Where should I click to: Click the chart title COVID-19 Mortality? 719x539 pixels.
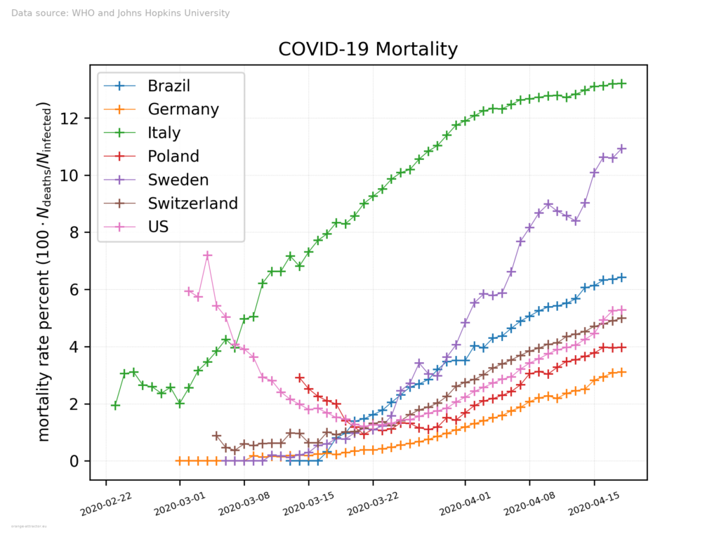click(x=368, y=50)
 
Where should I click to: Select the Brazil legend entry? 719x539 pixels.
click(x=169, y=86)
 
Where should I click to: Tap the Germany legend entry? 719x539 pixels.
click(x=183, y=109)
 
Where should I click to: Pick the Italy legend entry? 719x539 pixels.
click(x=164, y=133)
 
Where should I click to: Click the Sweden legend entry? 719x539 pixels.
click(x=178, y=180)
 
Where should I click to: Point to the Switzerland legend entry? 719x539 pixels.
click(x=192, y=203)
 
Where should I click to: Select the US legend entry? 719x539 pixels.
click(x=159, y=226)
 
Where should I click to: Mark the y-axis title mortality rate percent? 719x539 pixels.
click(x=44, y=272)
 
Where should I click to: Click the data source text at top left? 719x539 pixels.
click(x=120, y=13)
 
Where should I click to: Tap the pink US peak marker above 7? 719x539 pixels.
click(x=207, y=255)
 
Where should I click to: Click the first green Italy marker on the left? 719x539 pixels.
click(x=115, y=406)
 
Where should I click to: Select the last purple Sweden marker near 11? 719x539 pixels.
click(x=621, y=149)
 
